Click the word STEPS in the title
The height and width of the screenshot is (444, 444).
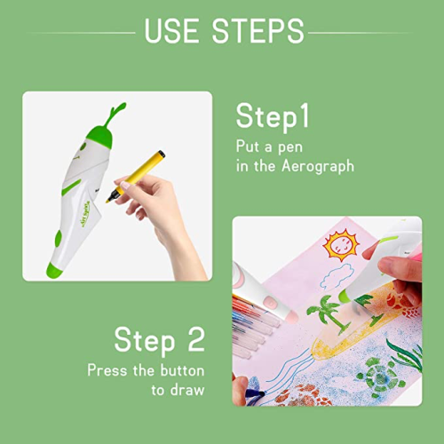pyautogui.click(x=258, y=31)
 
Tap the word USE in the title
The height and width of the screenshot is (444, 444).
pyautogui.click(x=171, y=31)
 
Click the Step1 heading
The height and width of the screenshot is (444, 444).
pyautogui.click(x=273, y=116)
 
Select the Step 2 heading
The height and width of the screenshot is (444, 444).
pyautogui.click(x=160, y=340)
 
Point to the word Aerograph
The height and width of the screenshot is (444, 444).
pyautogui.click(x=318, y=166)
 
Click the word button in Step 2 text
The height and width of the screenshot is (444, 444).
pyautogui.click(x=182, y=370)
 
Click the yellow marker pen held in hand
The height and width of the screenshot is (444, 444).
pyautogui.click(x=135, y=177)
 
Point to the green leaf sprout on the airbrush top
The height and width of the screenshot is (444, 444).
pyautogui.click(x=116, y=114)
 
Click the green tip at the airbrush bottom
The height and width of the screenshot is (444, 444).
pyautogui.click(x=55, y=270)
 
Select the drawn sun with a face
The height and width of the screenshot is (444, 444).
pyautogui.click(x=341, y=245)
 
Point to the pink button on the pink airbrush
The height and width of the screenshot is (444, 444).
pyautogui.click(x=270, y=303)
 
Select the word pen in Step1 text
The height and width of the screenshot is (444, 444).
pyautogui.click(x=290, y=147)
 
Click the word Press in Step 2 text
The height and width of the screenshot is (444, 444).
pyautogui.click(x=107, y=370)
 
